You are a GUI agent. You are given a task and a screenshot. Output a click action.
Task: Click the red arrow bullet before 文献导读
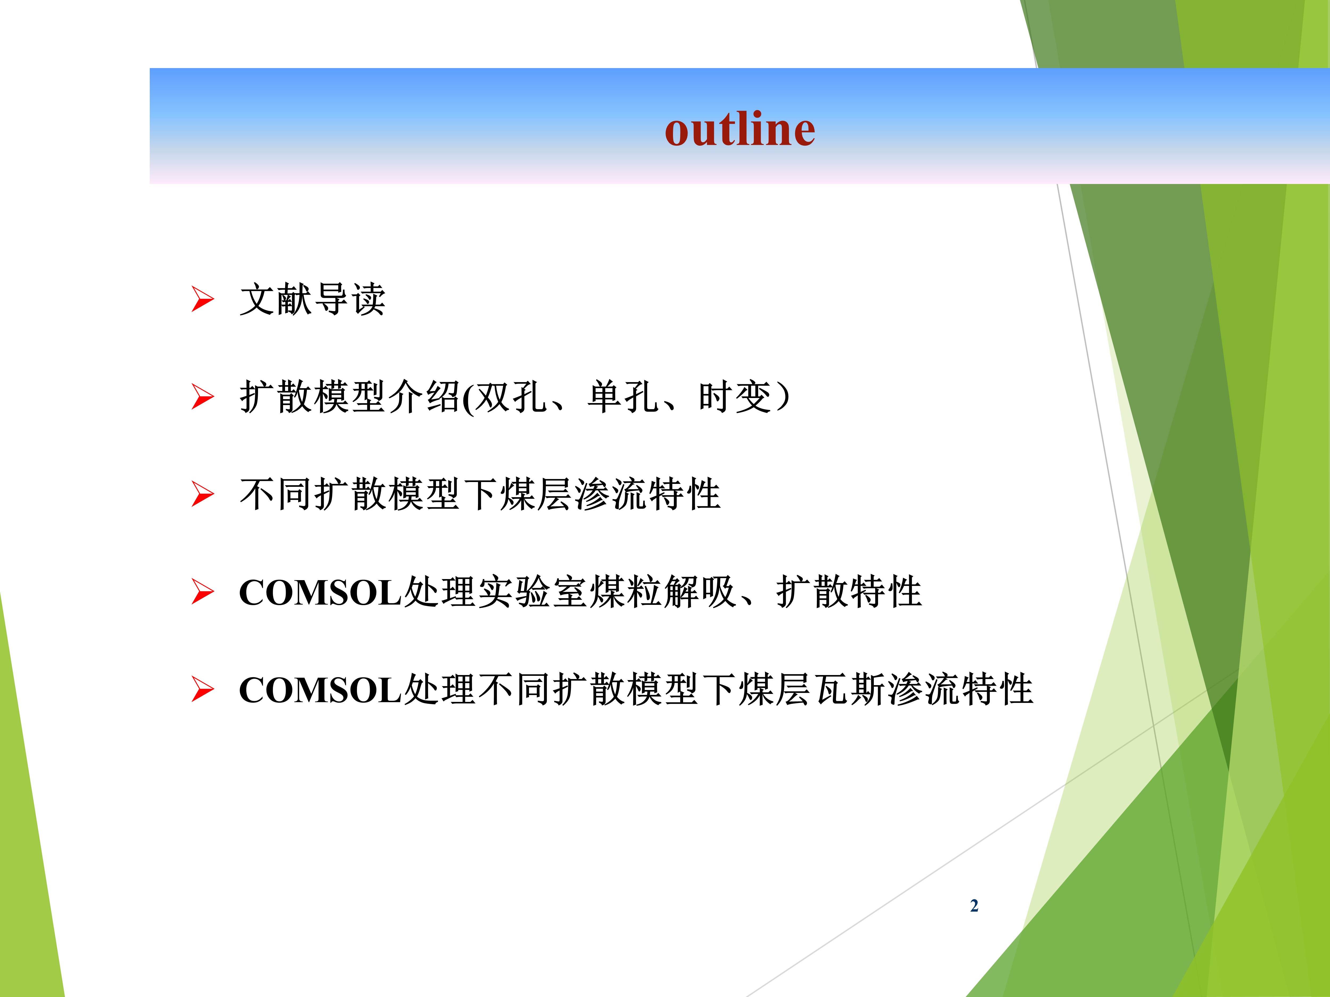pos(203,299)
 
